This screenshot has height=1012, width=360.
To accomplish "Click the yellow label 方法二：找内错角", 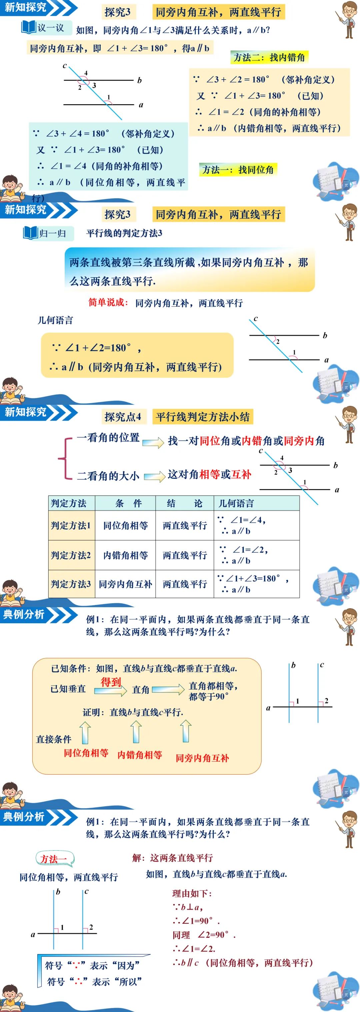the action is [269, 57].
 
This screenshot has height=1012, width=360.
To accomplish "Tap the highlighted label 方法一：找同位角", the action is [238, 170].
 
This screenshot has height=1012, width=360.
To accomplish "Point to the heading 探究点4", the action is [123, 416].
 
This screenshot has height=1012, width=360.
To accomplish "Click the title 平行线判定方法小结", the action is [202, 416].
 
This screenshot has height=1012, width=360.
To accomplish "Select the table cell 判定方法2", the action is [71, 555].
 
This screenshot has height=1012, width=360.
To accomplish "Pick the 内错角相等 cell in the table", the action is [125, 555].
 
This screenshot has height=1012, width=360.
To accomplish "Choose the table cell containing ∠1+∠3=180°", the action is [256, 584].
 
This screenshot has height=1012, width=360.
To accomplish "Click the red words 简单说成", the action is [108, 302].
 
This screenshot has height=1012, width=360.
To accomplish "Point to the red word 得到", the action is [110, 682].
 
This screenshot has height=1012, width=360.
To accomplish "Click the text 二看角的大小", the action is [108, 476].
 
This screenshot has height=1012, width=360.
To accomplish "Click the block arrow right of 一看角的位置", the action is [153, 443].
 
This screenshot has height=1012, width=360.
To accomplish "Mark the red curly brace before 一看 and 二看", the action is [64, 458].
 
